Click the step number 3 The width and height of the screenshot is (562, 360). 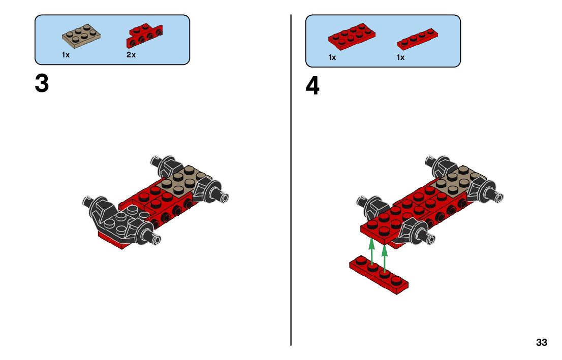42,83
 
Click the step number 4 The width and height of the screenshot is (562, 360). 312,86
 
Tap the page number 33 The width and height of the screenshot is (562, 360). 542,342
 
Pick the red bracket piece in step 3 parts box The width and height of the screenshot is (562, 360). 144,35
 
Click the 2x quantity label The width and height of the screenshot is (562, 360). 131,55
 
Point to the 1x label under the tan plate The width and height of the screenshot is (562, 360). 66,55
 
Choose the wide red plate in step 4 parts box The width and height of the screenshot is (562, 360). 352,36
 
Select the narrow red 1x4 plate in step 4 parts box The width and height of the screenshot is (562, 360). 417,39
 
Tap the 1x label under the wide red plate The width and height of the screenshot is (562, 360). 332,57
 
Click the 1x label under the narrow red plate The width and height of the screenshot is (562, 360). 400,57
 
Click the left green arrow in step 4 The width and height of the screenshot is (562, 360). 372,251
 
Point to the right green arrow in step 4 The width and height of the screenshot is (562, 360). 385,258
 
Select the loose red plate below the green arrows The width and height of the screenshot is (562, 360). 379,275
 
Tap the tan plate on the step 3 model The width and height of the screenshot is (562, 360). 184,180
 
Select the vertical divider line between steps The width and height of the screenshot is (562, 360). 291,180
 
